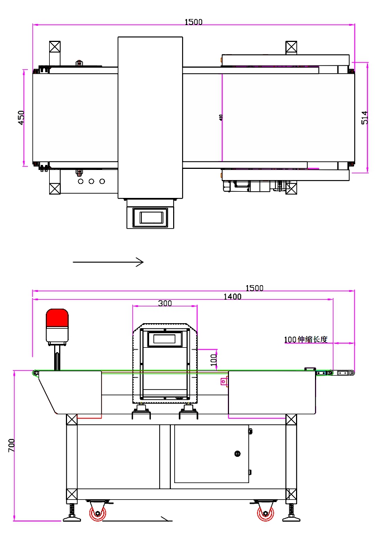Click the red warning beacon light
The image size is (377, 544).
(x=56, y=319)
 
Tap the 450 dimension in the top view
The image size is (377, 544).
(x=21, y=117)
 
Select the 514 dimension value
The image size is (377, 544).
(x=365, y=117)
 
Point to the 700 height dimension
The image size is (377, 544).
(x=12, y=445)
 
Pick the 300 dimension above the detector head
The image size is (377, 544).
(x=165, y=303)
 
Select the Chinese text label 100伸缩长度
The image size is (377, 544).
(x=309, y=339)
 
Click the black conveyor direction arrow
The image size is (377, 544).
(x=108, y=262)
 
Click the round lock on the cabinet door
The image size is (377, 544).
(x=237, y=453)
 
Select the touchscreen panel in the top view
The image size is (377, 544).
(x=153, y=216)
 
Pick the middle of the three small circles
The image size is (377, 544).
(x=91, y=181)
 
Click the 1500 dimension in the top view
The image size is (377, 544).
(x=193, y=22)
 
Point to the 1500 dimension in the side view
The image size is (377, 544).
(x=254, y=288)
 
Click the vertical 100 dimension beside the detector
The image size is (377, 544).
(x=213, y=359)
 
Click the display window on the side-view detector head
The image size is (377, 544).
(x=164, y=339)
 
